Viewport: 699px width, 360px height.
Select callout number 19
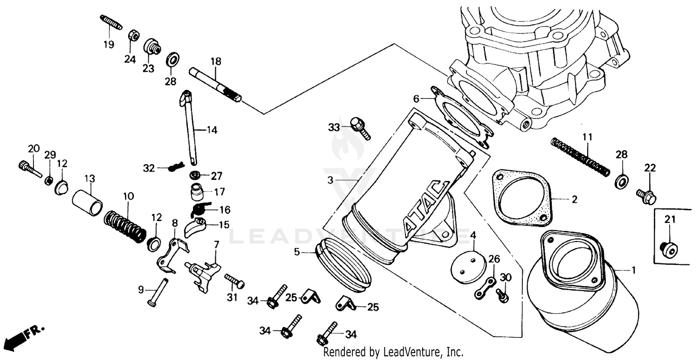coord(108,45)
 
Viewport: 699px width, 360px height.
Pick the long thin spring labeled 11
coord(580,157)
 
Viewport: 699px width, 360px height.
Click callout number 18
coord(215,62)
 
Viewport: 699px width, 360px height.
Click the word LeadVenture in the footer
coord(404,352)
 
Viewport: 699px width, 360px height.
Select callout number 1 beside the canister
coord(633,270)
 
